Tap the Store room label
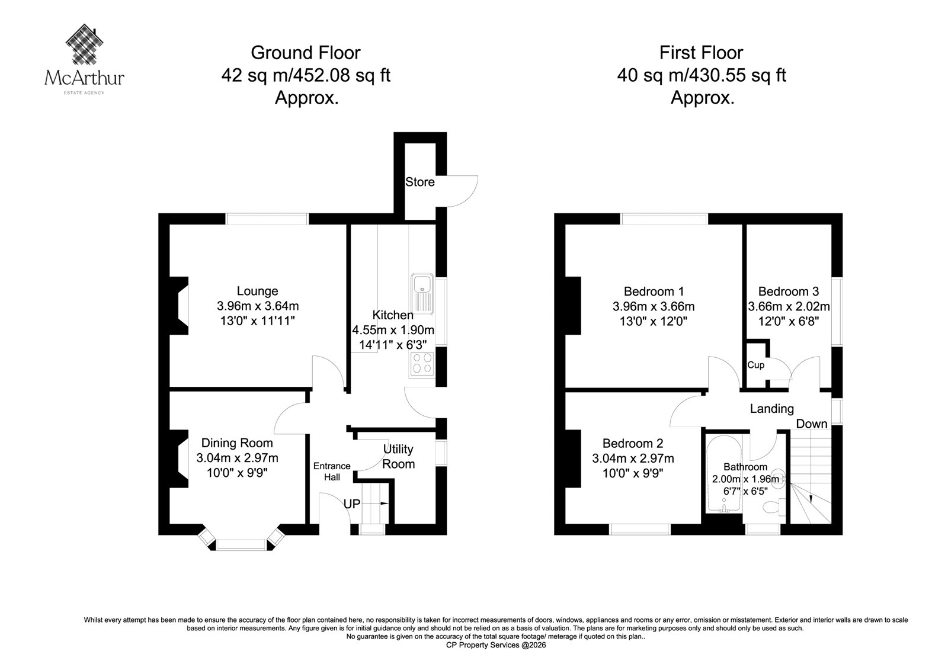420,182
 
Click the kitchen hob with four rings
422,364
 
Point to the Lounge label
257,291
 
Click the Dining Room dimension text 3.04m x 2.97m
237,458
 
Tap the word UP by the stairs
352,504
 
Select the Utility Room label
398,456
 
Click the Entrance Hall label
332,472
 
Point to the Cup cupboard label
755,365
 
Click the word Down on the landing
811,424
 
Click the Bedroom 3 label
789,291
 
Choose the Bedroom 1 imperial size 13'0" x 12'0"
654,321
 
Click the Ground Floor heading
306,53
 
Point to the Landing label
771,408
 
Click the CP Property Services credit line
496,645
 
